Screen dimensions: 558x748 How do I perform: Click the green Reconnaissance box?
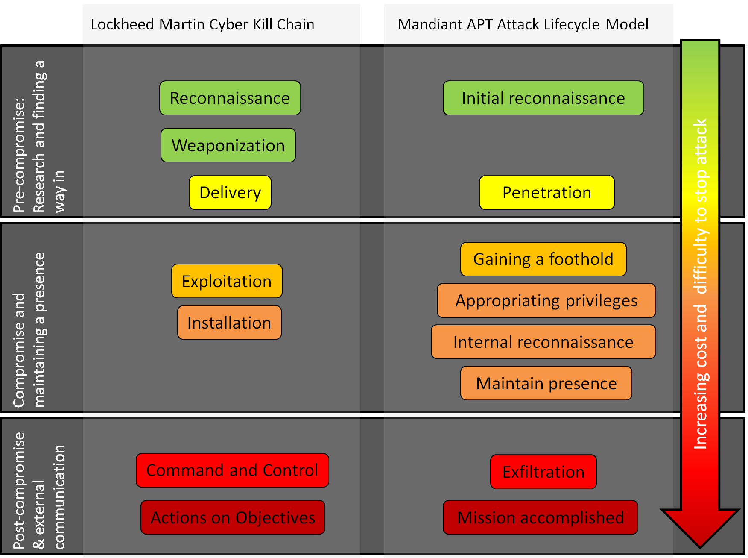click(230, 98)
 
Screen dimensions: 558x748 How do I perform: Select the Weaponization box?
click(228, 145)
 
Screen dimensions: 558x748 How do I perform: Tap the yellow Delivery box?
click(230, 192)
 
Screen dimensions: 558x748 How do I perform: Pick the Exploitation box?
click(227, 281)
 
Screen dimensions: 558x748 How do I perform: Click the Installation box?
click(229, 323)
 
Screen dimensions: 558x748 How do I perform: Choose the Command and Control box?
click(232, 470)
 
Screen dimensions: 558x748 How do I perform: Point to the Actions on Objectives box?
click(233, 517)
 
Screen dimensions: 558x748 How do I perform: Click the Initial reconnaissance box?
click(543, 98)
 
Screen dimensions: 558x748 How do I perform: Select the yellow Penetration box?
click(546, 192)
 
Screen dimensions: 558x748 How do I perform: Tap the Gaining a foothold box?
click(543, 259)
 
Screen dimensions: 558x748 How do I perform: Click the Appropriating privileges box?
click(546, 300)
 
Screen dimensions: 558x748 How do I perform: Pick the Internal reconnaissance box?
click(543, 342)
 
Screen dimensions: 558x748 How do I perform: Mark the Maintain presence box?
click(546, 383)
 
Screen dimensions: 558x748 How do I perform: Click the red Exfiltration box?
click(543, 472)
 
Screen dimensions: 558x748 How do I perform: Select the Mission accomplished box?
click(540, 517)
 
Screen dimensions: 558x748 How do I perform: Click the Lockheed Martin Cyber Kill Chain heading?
click(202, 24)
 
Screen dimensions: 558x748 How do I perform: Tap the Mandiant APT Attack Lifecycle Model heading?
click(523, 24)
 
